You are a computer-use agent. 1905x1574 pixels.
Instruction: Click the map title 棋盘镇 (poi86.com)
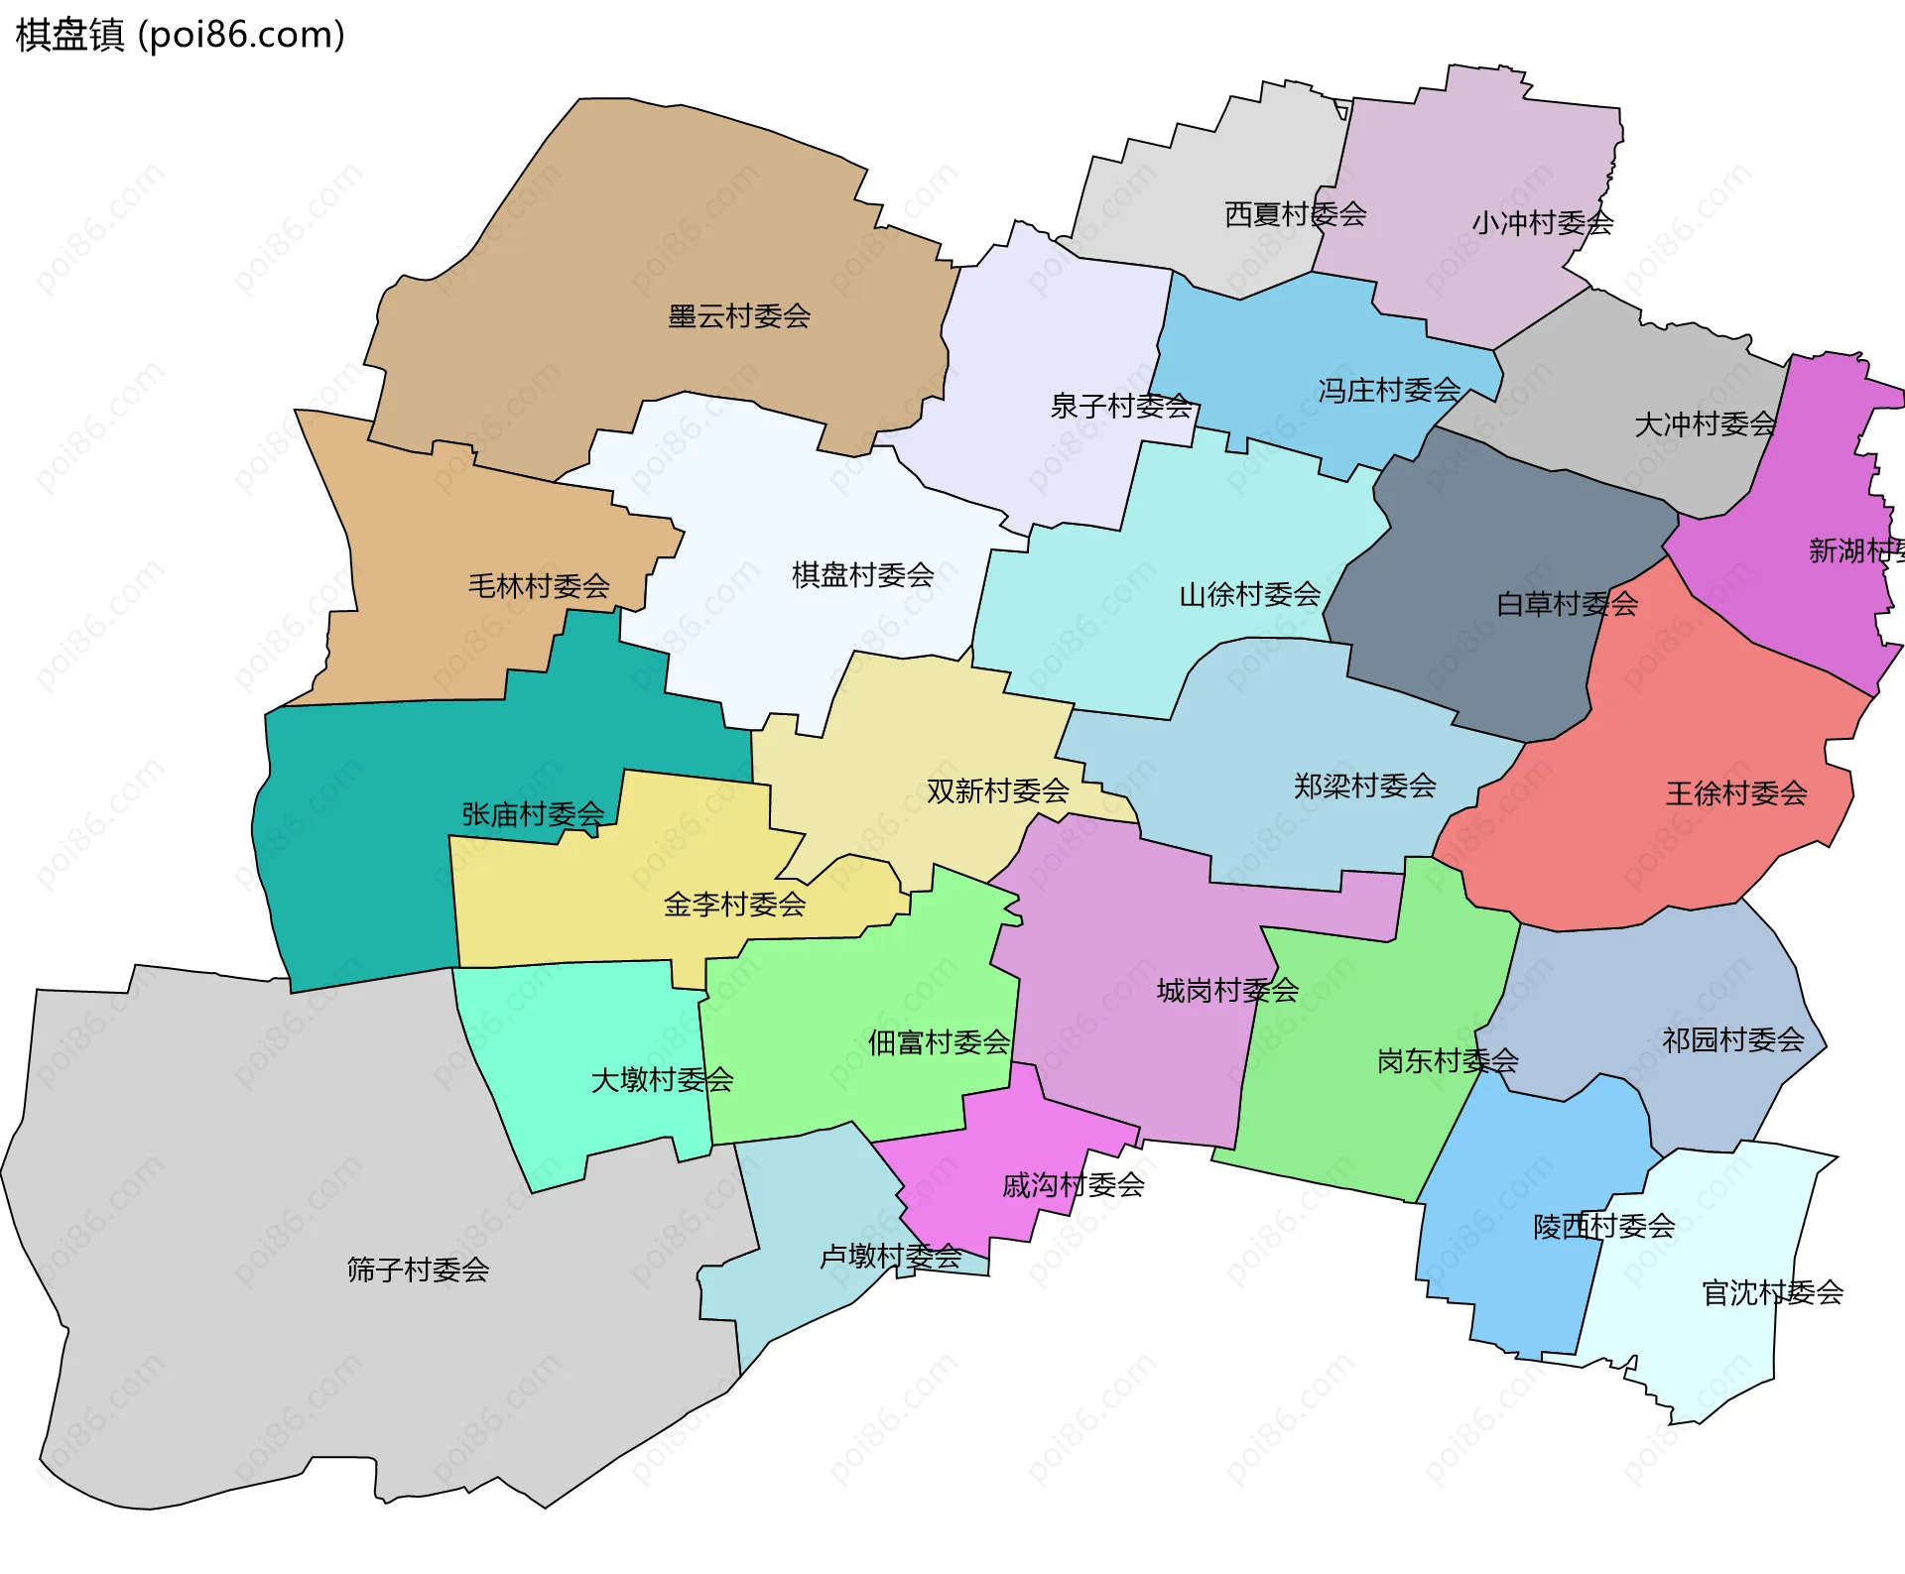pos(180,36)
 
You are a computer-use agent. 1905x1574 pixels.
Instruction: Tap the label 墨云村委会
pos(739,316)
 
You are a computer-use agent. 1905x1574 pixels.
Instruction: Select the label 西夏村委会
pos(1295,214)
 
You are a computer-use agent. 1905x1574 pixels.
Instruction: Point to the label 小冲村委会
pos(1542,223)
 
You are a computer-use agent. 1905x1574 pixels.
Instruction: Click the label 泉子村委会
pos(1121,406)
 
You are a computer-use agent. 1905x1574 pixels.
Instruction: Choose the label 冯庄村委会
pos(1389,391)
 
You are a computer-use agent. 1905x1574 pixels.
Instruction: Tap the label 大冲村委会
pos(1705,424)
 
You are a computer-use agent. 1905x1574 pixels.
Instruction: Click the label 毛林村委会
pos(539,586)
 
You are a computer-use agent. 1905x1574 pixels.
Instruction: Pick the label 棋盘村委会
pos(862,574)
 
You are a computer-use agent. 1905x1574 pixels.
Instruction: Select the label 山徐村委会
pos(1249,595)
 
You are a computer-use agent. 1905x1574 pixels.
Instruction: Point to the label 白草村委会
pos(1567,604)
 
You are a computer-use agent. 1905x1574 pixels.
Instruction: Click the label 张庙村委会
pos(533,815)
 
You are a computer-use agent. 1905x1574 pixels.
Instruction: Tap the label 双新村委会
pos(997,791)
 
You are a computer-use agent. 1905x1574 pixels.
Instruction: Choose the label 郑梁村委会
pos(1364,787)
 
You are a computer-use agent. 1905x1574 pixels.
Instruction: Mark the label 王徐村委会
pos(1736,793)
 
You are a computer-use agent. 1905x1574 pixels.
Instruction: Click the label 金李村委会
pos(734,905)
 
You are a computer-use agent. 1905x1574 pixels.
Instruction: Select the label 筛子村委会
pos(418,1270)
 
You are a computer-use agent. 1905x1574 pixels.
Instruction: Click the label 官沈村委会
pos(1772,1293)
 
